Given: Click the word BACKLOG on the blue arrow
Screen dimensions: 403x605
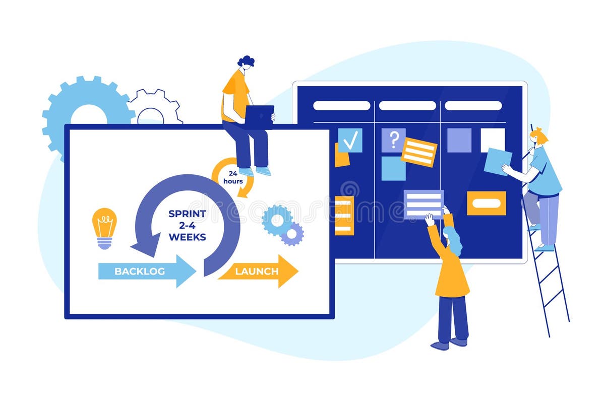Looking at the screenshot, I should click(140, 271).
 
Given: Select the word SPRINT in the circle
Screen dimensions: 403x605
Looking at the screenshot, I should click(187, 214).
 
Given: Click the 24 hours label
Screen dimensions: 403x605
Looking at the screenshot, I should click(232, 177).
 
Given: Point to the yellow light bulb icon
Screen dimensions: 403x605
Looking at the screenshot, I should click(104, 227).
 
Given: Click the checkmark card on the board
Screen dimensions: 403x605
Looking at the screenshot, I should click(350, 140).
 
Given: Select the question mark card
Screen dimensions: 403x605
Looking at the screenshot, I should click(393, 139).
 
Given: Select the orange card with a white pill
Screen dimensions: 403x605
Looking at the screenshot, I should click(486, 203).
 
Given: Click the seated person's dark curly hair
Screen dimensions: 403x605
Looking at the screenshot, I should click(246, 61).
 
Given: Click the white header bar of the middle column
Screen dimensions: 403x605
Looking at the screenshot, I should click(407, 106).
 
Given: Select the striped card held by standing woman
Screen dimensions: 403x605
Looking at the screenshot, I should click(423, 204).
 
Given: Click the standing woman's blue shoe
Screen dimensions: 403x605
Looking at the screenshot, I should click(440, 346).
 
